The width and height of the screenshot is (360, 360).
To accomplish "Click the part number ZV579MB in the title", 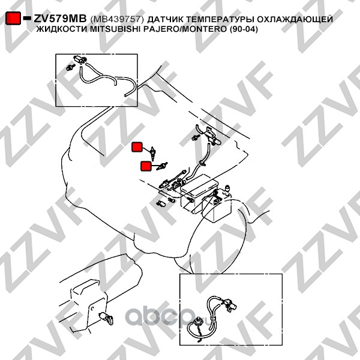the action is (60, 19).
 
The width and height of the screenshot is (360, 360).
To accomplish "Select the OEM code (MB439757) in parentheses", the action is (117, 19).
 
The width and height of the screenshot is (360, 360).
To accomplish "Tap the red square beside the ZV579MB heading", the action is (13, 18).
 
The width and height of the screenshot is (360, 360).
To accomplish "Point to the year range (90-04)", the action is (244, 29).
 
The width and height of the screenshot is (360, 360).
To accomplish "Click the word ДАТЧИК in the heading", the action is (165, 20).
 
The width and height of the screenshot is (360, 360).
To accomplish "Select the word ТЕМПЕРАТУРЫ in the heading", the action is (220, 19).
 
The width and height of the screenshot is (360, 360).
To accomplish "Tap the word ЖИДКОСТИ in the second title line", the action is (62, 29).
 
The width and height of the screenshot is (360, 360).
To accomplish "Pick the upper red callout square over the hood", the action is (137, 147).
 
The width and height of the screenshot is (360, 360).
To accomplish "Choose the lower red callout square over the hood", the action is (146, 166).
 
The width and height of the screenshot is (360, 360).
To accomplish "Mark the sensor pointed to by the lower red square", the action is (162, 166).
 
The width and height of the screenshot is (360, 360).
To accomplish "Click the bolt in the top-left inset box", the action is (70, 67).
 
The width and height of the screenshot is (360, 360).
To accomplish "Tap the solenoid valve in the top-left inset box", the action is (80, 59).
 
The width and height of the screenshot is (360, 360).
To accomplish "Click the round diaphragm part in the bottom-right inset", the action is (197, 320).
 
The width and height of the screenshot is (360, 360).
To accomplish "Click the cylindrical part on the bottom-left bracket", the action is (106, 318).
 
